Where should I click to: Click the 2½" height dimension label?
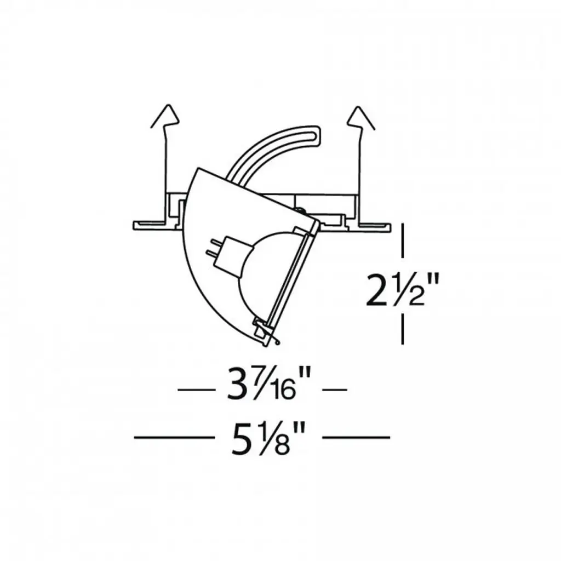(x=402, y=289)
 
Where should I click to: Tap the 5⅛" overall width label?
(x=268, y=438)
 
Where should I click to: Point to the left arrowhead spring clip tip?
(x=169, y=106)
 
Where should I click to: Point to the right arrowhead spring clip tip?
(x=357, y=107)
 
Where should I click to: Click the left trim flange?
(x=150, y=225)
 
